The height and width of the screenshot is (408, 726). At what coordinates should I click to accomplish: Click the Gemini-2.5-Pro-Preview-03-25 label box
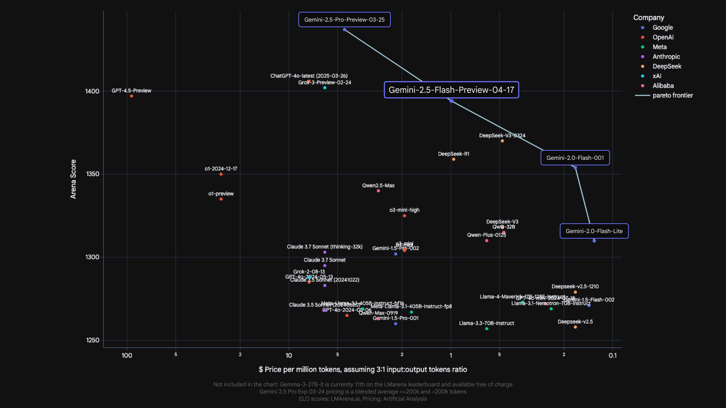click(x=344, y=20)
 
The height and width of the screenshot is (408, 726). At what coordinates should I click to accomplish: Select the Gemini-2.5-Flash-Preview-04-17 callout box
click(x=451, y=90)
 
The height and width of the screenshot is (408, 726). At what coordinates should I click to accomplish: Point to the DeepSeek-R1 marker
click(x=454, y=159)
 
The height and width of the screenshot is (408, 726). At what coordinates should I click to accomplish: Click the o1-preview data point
click(x=221, y=199)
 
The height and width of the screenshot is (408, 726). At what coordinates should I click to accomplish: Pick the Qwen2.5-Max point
click(x=378, y=191)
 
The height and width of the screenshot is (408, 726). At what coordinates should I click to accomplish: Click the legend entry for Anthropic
click(x=666, y=57)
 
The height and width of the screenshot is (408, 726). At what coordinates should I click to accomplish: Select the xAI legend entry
click(x=657, y=76)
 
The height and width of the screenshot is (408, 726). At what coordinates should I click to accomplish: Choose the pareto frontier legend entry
click(x=672, y=95)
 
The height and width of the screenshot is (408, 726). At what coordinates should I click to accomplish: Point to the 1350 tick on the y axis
click(x=93, y=174)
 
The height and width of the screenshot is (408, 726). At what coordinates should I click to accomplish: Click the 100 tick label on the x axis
click(x=127, y=355)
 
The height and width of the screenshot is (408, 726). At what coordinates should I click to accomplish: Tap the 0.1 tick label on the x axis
click(x=612, y=355)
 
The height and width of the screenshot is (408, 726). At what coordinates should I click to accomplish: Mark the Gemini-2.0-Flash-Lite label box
click(x=594, y=231)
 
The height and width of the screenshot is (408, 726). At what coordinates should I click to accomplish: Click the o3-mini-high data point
click(x=404, y=216)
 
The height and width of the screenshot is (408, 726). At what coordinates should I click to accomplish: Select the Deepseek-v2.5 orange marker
click(x=575, y=327)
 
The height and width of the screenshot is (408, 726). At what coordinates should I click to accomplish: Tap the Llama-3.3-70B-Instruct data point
click(x=486, y=329)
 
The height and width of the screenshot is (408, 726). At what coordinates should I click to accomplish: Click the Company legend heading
click(x=648, y=17)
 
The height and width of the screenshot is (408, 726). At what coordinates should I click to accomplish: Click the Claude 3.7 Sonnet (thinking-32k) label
click(x=324, y=247)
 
